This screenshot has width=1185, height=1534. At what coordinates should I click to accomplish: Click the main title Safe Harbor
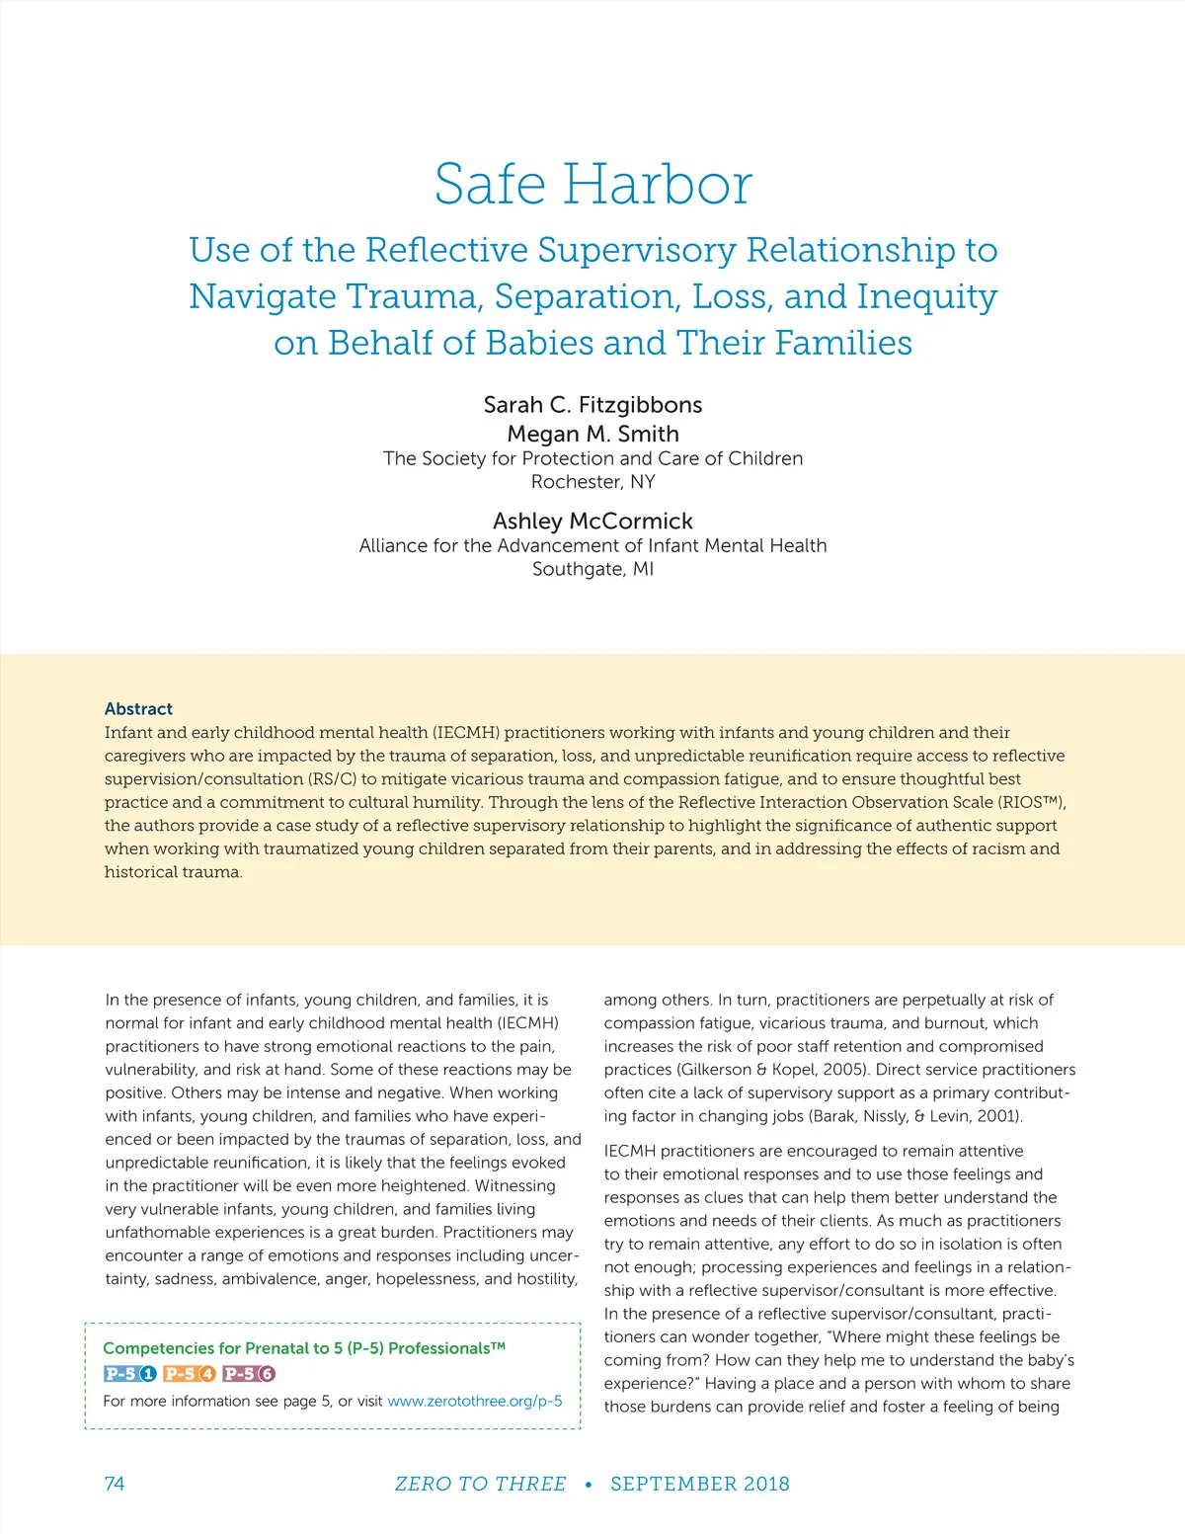tap(593, 185)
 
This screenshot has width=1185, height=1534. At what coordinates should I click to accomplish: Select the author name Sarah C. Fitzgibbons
tap(592, 405)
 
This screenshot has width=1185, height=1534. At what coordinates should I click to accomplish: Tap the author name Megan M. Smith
tap(592, 434)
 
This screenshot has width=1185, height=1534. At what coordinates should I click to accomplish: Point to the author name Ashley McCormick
tap(592, 521)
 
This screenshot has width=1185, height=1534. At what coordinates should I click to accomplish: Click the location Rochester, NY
tap(592, 482)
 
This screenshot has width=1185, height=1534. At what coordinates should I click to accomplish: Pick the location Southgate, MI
tap(592, 569)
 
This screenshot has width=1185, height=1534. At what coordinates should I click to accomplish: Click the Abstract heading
tap(138, 709)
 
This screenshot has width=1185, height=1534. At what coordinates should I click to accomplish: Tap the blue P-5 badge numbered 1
tap(130, 1373)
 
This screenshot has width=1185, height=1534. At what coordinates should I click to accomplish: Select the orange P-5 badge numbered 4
tap(190, 1373)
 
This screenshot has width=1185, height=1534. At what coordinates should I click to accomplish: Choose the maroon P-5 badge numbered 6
tap(249, 1373)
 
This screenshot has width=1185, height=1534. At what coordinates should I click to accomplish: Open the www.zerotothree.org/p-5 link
tap(475, 1401)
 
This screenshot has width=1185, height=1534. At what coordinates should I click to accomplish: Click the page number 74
tap(115, 1484)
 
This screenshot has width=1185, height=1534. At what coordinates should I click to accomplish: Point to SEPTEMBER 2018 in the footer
tap(699, 1484)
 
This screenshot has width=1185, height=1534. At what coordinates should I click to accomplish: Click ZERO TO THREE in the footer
tap(480, 1484)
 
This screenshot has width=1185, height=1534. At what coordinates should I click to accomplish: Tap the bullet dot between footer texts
tap(589, 1485)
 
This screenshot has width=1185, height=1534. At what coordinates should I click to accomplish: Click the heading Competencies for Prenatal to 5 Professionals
tap(304, 1348)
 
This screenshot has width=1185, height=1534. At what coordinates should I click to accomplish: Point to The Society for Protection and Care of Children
tap(592, 458)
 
